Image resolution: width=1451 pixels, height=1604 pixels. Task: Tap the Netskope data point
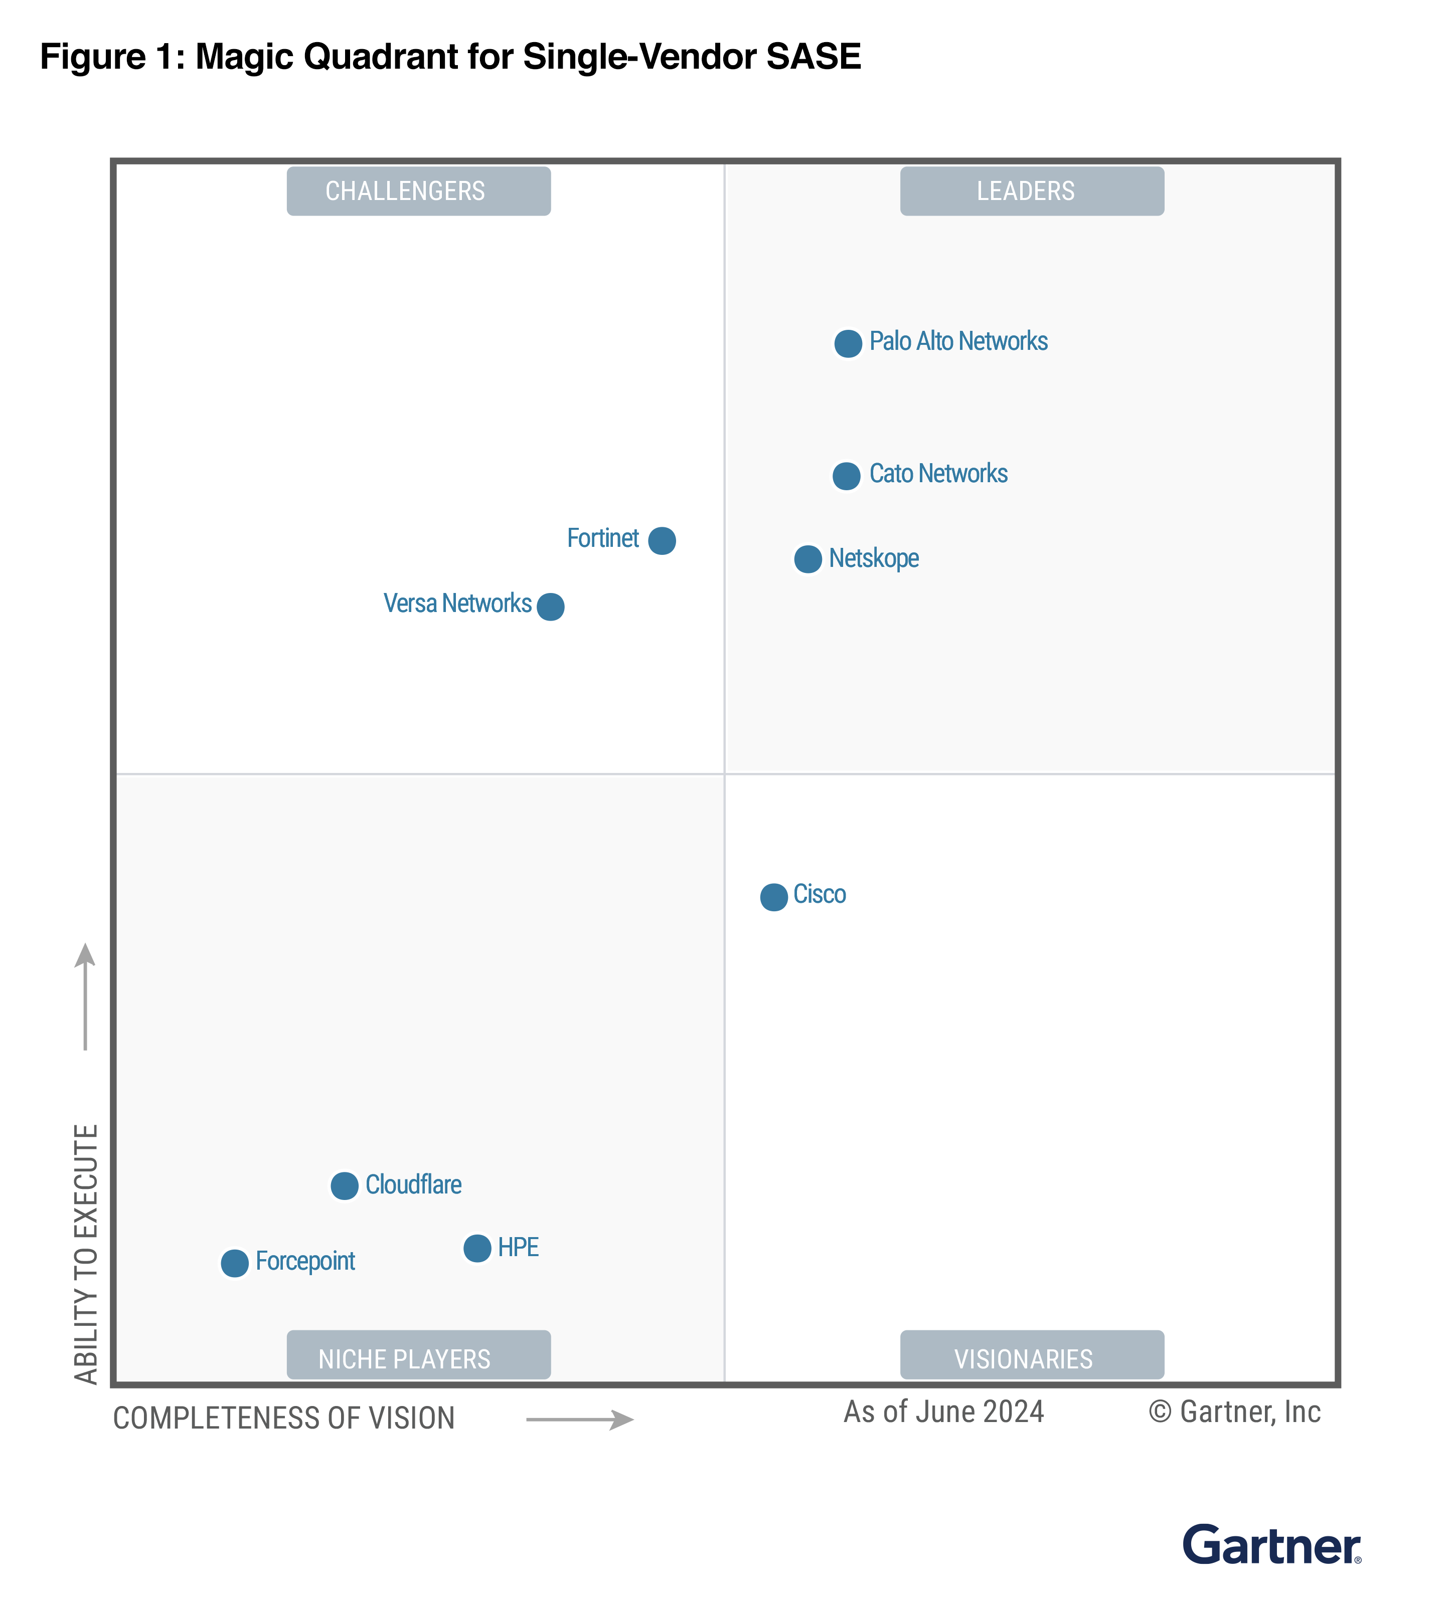pyautogui.click(x=808, y=559)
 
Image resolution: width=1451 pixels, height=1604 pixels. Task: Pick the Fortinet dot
pyautogui.click(x=662, y=541)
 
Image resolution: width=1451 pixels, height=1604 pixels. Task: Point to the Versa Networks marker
pyautogui.click(x=551, y=607)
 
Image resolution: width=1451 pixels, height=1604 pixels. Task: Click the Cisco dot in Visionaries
pyautogui.click(x=774, y=897)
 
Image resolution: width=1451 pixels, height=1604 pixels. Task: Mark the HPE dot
pyautogui.click(x=477, y=1248)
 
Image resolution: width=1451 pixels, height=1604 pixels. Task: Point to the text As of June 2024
pyautogui.click(x=944, y=1412)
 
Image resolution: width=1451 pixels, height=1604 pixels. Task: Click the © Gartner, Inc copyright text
pyautogui.click(x=1234, y=1412)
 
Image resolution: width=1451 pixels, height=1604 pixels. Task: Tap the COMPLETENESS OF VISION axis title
pyautogui.click(x=284, y=1419)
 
